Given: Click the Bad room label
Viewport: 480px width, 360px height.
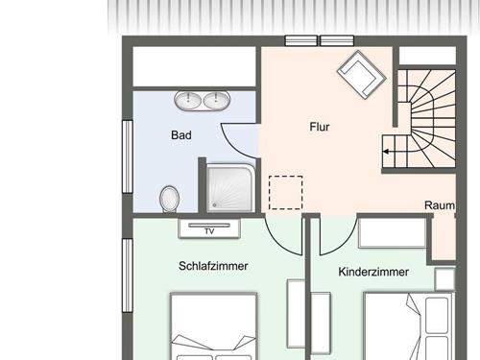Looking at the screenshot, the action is (x=181, y=135).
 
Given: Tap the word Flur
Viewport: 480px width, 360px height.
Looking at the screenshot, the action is (x=320, y=127).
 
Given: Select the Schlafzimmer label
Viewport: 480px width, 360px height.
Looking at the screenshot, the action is (x=213, y=266).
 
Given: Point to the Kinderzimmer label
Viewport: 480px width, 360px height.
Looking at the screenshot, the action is (x=373, y=272).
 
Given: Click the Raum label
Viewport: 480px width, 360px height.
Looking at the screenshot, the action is (x=440, y=205).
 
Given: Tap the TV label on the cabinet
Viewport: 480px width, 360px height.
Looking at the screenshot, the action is (x=209, y=231).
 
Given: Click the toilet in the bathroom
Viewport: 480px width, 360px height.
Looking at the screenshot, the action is (x=169, y=199).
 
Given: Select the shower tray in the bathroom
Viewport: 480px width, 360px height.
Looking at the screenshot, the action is (x=230, y=188).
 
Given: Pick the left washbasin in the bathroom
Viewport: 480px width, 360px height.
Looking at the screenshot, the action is (x=188, y=100).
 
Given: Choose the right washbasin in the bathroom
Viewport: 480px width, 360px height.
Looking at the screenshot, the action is (x=217, y=100).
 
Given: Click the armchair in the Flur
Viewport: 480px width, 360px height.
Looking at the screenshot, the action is (x=362, y=75).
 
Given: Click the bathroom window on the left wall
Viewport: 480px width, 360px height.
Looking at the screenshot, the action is (x=128, y=156).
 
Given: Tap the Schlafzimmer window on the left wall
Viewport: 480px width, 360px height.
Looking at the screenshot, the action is (x=128, y=276).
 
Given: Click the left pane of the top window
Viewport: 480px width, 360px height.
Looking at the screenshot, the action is (x=301, y=41).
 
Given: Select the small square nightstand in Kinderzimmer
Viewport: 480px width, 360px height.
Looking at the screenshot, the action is (x=444, y=279).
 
